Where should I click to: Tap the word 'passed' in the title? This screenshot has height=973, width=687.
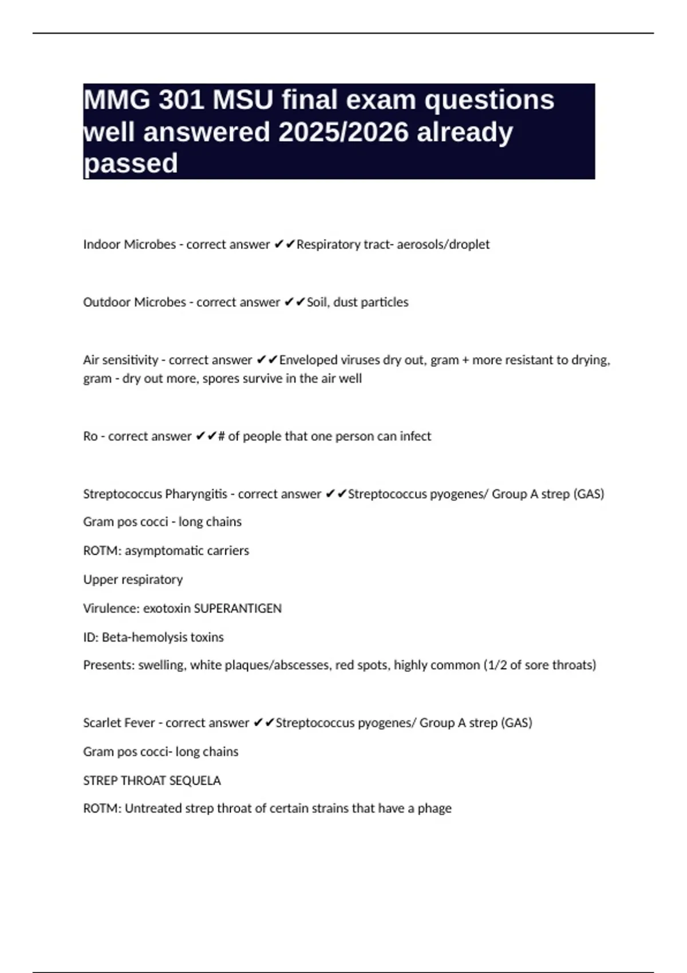click(131, 164)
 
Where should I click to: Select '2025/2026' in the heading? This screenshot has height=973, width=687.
click(343, 132)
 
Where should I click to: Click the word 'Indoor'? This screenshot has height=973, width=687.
click(101, 244)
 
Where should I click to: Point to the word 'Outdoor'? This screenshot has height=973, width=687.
click(106, 302)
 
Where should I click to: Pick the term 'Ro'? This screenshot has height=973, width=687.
click(90, 436)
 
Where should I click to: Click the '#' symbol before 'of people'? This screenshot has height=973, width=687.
click(222, 436)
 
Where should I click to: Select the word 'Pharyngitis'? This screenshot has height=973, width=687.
click(196, 494)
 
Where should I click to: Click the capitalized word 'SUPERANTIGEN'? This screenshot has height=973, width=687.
click(238, 608)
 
